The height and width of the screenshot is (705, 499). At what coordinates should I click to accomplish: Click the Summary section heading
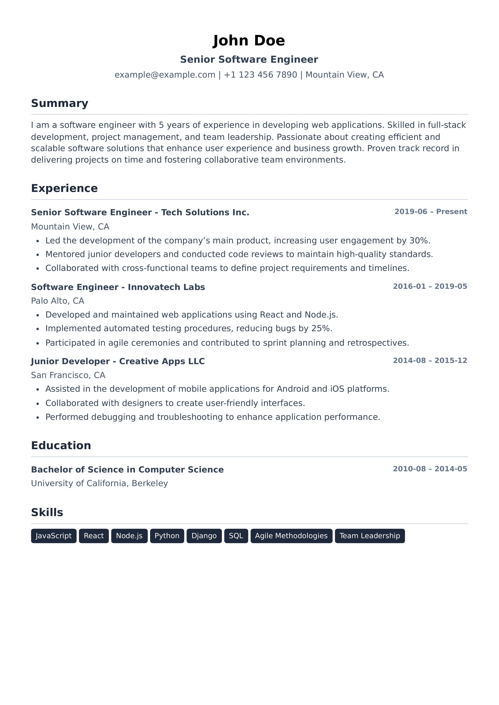click(x=60, y=103)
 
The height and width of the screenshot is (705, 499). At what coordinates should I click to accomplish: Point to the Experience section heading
click(x=64, y=188)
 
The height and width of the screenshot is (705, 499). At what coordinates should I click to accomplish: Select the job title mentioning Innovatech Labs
click(x=118, y=287)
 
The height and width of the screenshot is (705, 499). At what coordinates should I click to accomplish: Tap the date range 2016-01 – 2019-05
click(x=430, y=286)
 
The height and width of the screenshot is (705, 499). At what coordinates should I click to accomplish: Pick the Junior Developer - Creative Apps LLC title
click(x=118, y=361)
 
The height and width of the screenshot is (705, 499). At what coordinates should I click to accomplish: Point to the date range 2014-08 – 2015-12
click(x=430, y=361)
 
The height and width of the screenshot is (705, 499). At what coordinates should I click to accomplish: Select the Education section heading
click(x=61, y=445)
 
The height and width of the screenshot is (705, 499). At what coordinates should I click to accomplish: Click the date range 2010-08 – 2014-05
click(x=430, y=469)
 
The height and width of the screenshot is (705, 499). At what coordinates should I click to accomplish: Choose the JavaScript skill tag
click(x=54, y=536)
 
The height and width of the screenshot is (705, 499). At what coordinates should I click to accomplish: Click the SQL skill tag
click(x=236, y=536)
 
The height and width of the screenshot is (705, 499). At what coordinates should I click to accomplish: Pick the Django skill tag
click(x=204, y=536)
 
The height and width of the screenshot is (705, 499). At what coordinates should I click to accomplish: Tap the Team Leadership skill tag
click(x=370, y=536)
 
